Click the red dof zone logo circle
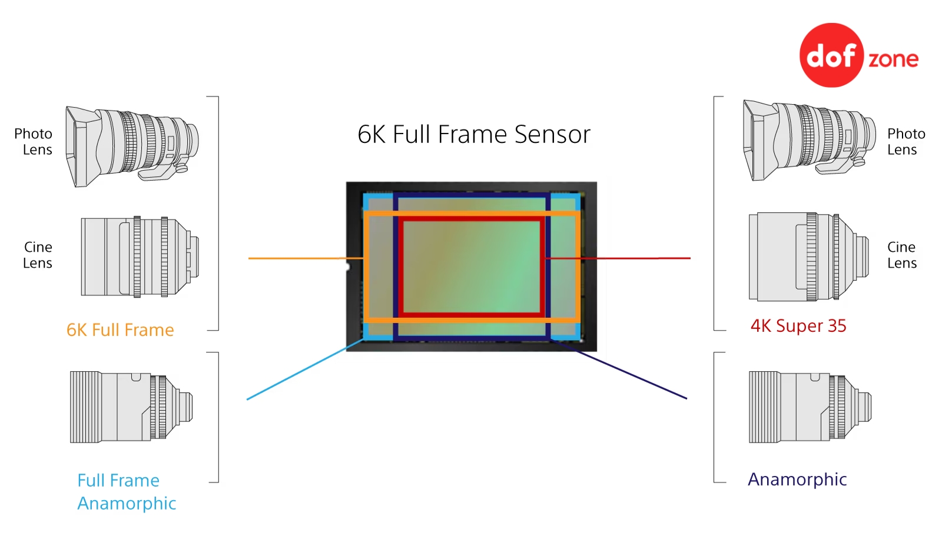[x=831, y=55]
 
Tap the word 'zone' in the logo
[x=894, y=59]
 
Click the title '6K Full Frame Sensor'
[x=474, y=135]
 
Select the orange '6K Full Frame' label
[x=120, y=330]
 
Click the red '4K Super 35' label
[x=798, y=326]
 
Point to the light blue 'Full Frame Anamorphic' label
[x=127, y=492]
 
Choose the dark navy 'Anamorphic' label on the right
[x=797, y=480]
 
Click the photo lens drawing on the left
[x=132, y=147]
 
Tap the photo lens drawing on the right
[x=810, y=141]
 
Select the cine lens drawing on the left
[x=140, y=257]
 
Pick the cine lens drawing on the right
[x=809, y=257]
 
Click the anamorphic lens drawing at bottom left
[x=131, y=407]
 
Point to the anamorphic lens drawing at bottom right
[x=810, y=407]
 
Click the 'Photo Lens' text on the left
[x=33, y=142]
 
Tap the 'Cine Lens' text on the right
[x=901, y=255]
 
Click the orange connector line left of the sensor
[x=306, y=258]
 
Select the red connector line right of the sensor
[x=618, y=258]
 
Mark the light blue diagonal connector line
[x=306, y=369]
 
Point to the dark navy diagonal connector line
[x=619, y=368]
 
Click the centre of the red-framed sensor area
[x=472, y=267]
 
